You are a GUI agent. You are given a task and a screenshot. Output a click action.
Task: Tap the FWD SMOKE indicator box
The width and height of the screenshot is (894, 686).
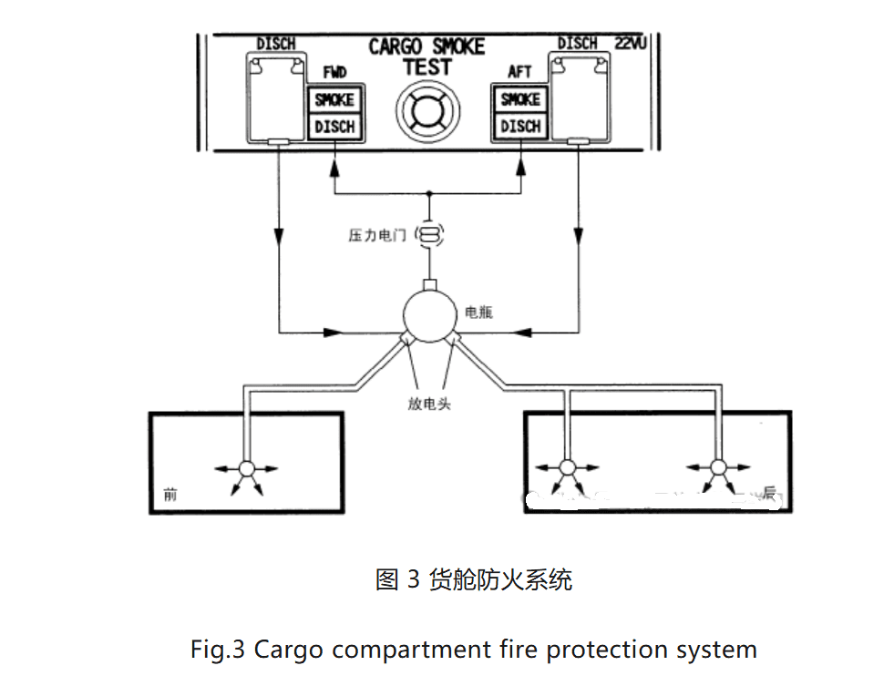click(x=334, y=100)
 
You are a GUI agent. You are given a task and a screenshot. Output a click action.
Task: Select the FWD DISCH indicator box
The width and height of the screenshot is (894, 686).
click(x=334, y=127)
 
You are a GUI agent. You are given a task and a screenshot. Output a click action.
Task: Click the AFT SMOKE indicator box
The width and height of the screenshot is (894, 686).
click(x=520, y=99)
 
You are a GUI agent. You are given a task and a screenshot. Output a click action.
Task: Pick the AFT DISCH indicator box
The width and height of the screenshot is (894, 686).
click(x=520, y=127)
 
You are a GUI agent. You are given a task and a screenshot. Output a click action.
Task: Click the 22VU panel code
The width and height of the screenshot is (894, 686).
click(x=631, y=43)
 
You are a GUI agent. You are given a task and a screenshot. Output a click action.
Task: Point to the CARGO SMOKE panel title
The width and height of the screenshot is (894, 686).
click(x=426, y=46)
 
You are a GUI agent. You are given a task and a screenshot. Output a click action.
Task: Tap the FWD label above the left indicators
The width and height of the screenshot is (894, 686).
click(x=334, y=73)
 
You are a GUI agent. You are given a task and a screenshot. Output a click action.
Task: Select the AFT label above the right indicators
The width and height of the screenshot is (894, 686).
click(x=519, y=72)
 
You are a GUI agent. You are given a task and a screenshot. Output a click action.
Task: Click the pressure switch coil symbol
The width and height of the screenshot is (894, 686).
click(x=429, y=235)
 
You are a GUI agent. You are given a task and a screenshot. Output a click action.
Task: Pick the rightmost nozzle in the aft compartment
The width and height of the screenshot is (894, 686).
click(x=717, y=468)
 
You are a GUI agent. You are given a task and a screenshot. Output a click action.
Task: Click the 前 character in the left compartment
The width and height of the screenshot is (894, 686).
click(x=170, y=495)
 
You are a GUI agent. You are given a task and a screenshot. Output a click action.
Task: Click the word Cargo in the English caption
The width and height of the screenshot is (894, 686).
click(x=289, y=650)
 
